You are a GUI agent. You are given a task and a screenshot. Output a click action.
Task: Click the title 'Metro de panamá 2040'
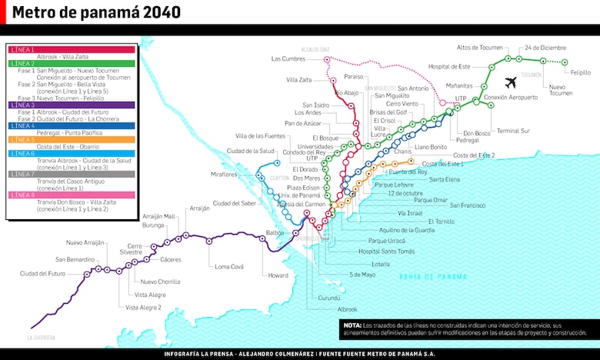[97, 13]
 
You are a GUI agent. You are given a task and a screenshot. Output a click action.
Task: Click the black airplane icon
[510, 82]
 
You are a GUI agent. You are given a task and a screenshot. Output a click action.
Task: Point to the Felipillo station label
[581, 72]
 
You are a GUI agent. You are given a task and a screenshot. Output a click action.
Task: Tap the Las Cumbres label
[288, 58]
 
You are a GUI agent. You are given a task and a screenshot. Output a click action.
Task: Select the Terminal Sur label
[513, 131]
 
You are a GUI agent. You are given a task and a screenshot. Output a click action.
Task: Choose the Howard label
[278, 275]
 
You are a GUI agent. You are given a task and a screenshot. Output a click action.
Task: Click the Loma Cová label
[229, 266]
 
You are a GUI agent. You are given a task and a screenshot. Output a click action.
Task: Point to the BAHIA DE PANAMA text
[433, 276]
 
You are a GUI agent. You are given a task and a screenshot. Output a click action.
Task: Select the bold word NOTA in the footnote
[352, 325]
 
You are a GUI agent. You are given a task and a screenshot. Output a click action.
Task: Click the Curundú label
[328, 298]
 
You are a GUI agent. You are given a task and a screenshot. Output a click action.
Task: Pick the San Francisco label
[468, 205]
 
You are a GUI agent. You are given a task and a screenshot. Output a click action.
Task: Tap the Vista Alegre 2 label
[144, 307]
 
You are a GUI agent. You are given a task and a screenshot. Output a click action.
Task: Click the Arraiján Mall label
[159, 216]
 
